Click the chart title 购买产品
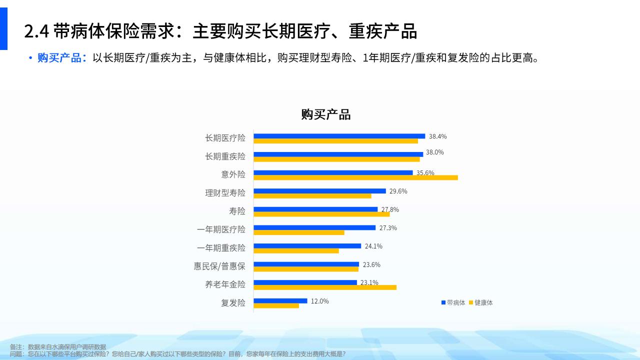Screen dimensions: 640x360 pos(325,114)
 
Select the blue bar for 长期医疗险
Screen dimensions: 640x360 pos(339,136)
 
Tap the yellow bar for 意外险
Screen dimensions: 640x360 pos(355,177)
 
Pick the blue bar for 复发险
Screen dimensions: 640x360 pos(280,301)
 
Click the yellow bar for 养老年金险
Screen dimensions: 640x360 pos(325,287)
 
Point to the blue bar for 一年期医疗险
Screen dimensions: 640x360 pos(314,227)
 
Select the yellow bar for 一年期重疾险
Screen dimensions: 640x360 pos(296,251)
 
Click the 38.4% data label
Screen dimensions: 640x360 pos(437,136)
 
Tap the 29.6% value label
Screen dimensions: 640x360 pos(398,191)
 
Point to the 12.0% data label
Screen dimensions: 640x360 pos(319,301)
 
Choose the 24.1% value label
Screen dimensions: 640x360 pos(373,246)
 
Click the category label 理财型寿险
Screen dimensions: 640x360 pos(225,193)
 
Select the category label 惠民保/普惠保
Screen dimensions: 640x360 pos(219,266)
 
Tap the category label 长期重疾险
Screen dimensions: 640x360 pos(225,156)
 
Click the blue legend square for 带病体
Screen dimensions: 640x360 pos(443,302)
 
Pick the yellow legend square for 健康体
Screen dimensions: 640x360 pos(471,302)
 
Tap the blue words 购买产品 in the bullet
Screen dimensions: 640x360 pos(59,58)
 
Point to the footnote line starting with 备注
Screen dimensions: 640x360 pos(58,347)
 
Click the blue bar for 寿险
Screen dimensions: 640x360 pos(315,209)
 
